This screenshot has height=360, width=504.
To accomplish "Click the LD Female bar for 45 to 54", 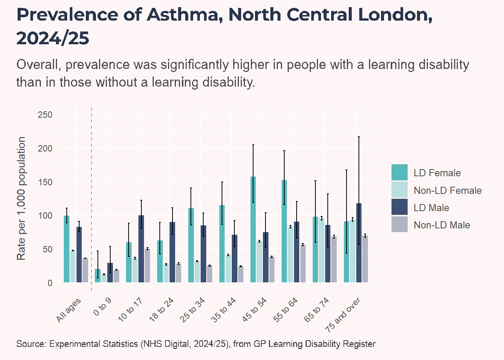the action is (x=253, y=229).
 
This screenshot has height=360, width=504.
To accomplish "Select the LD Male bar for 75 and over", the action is (x=359, y=243).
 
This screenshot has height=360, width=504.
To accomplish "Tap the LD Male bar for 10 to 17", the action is (x=141, y=249).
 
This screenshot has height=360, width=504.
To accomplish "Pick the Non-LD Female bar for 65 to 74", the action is (x=321, y=250).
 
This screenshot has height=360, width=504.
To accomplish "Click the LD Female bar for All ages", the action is (x=67, y=249).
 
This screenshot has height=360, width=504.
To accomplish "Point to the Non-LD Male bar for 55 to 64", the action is (x=303, y=264).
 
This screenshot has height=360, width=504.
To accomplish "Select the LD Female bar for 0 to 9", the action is (x=97, y=276).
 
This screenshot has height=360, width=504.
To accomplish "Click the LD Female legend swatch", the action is (x=399, y=172).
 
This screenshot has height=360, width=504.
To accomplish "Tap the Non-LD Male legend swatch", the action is (x=399, y=224).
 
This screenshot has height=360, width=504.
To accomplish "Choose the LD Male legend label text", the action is (x=431, y=208).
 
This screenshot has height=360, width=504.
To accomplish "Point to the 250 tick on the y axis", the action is (x=45, y=115).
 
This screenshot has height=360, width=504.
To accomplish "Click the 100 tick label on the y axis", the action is (x=45, y=216).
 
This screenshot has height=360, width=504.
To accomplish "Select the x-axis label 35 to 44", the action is (x=223, y=310).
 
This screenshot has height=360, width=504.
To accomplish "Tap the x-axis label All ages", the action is (x=68, y=310).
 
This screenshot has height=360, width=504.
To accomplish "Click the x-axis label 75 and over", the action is (x=343, y=315).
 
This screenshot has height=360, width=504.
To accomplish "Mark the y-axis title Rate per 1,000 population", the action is (x=21, y=198).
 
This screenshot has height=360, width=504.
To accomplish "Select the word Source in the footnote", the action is (x=31, y=344).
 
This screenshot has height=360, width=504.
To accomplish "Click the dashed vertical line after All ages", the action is (x=91, y=199).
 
